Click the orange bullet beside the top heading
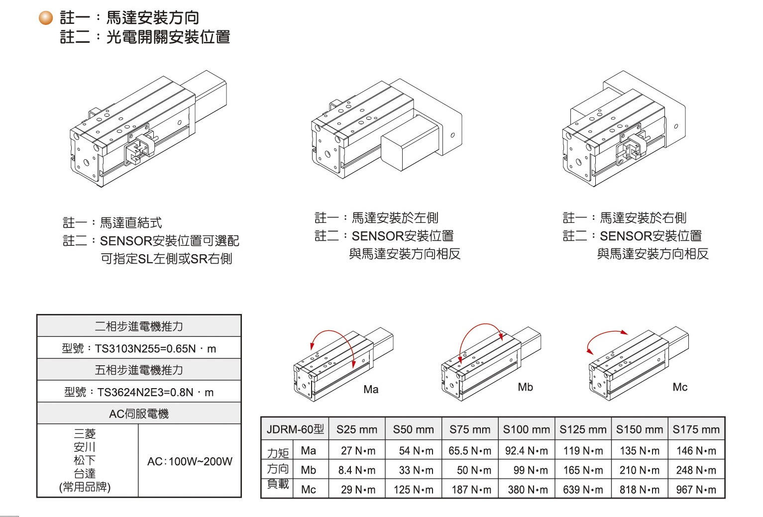point(46,18)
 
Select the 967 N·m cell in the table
point(696,490)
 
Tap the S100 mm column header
point(526,429)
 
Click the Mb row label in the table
point(309,470)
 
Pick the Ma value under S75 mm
point(469,451)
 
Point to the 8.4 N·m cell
point(357,470)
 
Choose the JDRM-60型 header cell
point(295,429)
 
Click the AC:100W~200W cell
point(190,461)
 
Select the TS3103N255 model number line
point(139,348)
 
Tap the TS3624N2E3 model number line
point(139,392)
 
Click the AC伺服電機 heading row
point(139,414)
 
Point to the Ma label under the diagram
point(371,390)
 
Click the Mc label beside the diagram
point(680,387)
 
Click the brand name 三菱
point(85,433)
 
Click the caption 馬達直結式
point(131,222)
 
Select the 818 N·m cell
point(640,490)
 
